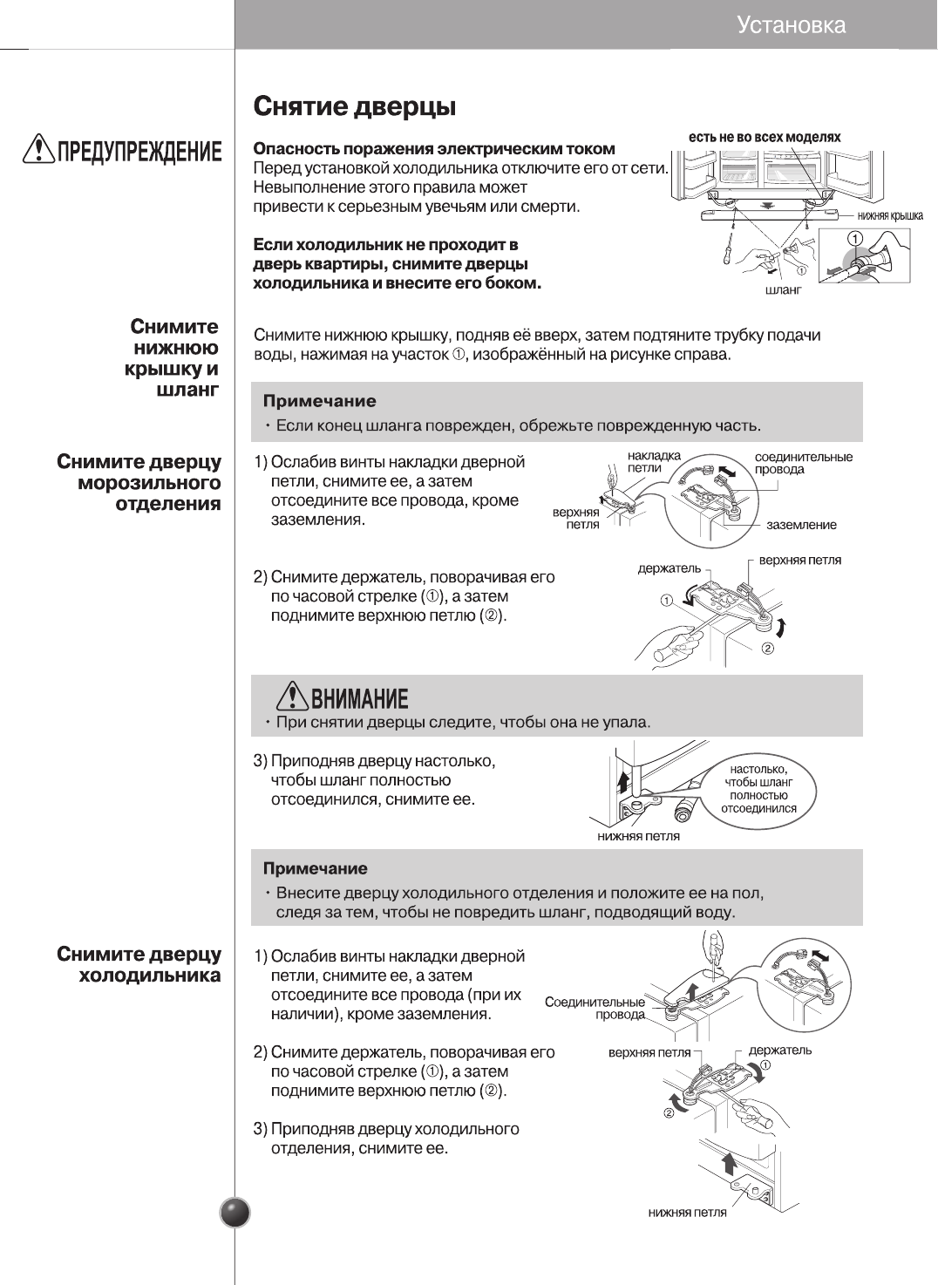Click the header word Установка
coord(791,24)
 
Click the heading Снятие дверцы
coord(354,107)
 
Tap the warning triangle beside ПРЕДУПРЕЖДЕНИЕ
coord(39,150)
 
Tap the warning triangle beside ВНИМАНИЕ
coord(292,696)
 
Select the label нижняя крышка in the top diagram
coord(889,216)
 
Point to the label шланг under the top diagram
coord(783,289)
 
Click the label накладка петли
coord(654,462)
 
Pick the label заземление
coord(801,525)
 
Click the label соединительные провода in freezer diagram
coord(803,463)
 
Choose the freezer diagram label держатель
coord(669,568)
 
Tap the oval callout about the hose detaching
coord(758,788)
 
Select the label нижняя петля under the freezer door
coord(638,836)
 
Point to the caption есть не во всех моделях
coord(765,137)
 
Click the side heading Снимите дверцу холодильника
coord(139,965)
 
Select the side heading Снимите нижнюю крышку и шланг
coord(173,358)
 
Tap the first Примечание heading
coord(320,401)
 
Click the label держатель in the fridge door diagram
coord(779,1050)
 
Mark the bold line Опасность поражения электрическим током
coord(433,148)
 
